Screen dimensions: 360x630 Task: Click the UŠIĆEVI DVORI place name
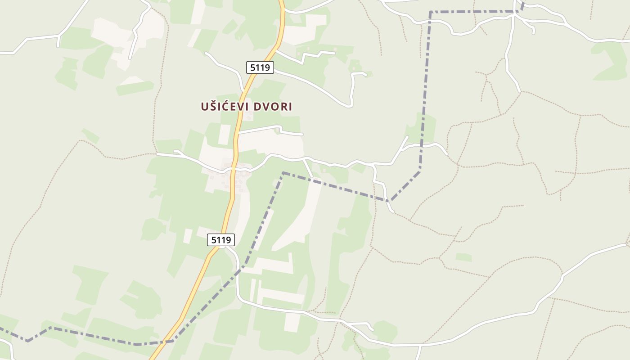pos(246,107)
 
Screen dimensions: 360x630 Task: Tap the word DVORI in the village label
pos(273,107)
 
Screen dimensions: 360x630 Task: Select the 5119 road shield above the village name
pos(260,67)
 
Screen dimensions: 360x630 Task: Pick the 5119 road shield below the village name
pos(221,240)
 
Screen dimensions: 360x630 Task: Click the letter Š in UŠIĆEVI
pos(211,107)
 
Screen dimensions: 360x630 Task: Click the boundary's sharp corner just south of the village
pos(283,172)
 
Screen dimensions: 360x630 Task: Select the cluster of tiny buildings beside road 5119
pos(229,178)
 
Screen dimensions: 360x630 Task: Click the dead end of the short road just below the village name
pos(302,134)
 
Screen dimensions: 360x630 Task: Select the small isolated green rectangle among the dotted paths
pos(463,257)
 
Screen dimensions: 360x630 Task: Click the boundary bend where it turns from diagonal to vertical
pos(420,169)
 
